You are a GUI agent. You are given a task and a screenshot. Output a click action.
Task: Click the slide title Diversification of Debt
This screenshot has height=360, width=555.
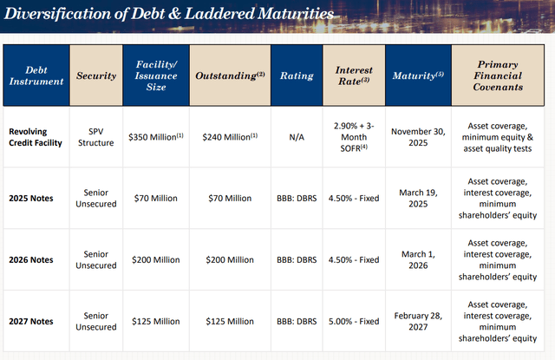tap(169, 16)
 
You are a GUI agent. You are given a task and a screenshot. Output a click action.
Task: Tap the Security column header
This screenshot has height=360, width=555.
tap(96, 75)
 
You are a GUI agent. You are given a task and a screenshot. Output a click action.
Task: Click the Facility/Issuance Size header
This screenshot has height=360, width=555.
tap(156, 75)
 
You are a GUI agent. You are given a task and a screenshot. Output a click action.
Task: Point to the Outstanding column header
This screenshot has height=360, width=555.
tap(230, 75)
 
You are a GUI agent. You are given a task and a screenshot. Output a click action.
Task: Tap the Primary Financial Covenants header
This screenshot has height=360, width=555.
tap(499, 75)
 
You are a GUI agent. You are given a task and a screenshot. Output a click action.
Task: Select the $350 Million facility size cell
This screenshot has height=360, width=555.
tap(156, 136)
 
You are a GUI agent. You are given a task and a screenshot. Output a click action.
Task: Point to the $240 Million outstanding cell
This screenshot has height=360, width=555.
tap(230, 136)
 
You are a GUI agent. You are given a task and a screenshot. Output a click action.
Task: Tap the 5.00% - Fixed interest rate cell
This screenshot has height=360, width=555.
tap(353, 321)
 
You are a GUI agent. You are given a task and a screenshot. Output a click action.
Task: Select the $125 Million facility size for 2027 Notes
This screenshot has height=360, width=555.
tap(156, 321)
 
